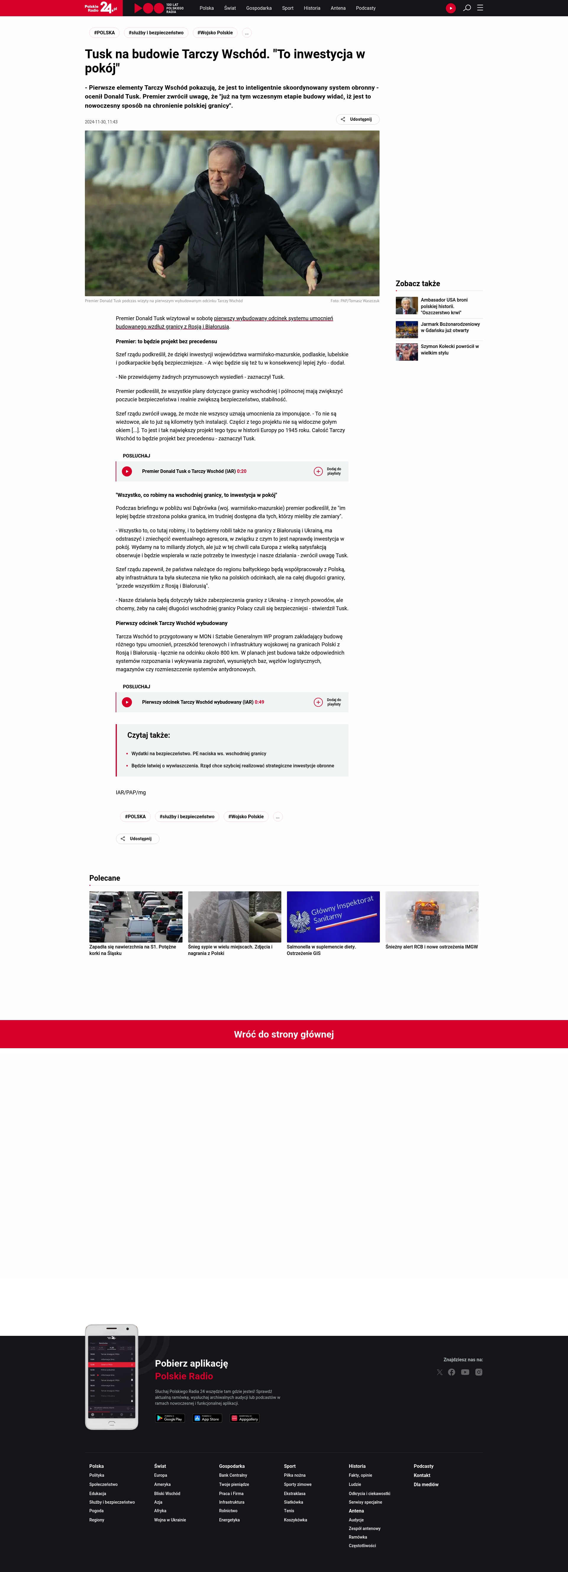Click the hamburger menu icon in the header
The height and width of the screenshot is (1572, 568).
(480, 8)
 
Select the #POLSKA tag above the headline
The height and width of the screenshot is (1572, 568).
(104, 33)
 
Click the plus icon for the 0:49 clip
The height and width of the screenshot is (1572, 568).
(318, 702)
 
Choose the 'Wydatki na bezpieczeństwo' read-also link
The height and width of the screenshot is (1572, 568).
(199, 754)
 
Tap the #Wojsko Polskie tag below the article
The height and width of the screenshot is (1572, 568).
(246, 816)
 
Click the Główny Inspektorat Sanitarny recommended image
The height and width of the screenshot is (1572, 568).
(333, 917)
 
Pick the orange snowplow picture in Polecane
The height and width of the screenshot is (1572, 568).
(432, 917)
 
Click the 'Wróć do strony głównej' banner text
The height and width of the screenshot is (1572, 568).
(284, 1034)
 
